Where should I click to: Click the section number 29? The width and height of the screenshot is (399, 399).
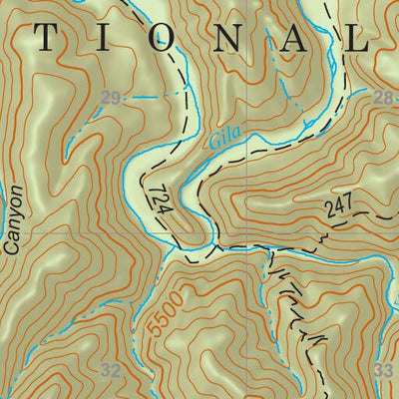click(112, 98)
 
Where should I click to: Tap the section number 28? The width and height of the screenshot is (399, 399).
click(383, 97)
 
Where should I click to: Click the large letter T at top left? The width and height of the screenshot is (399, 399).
click(44, 37)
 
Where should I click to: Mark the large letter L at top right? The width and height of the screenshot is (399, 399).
click(358, 37)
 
